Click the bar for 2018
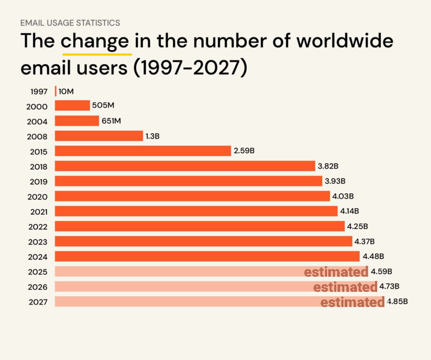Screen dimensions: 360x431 (185, 166)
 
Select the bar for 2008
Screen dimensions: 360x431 (99, 136)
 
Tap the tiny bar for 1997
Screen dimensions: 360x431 (55, 91)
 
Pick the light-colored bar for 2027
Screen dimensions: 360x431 (185, 302)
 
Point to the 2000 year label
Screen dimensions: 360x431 (38, 106)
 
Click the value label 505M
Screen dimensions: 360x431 (103, 105)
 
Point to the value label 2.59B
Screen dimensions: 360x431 (244, 151)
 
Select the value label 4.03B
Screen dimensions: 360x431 (343, 196)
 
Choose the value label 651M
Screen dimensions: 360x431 (111, 121)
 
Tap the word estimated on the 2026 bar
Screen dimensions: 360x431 (345, 287)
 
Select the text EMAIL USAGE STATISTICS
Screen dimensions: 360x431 (70, 23)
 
